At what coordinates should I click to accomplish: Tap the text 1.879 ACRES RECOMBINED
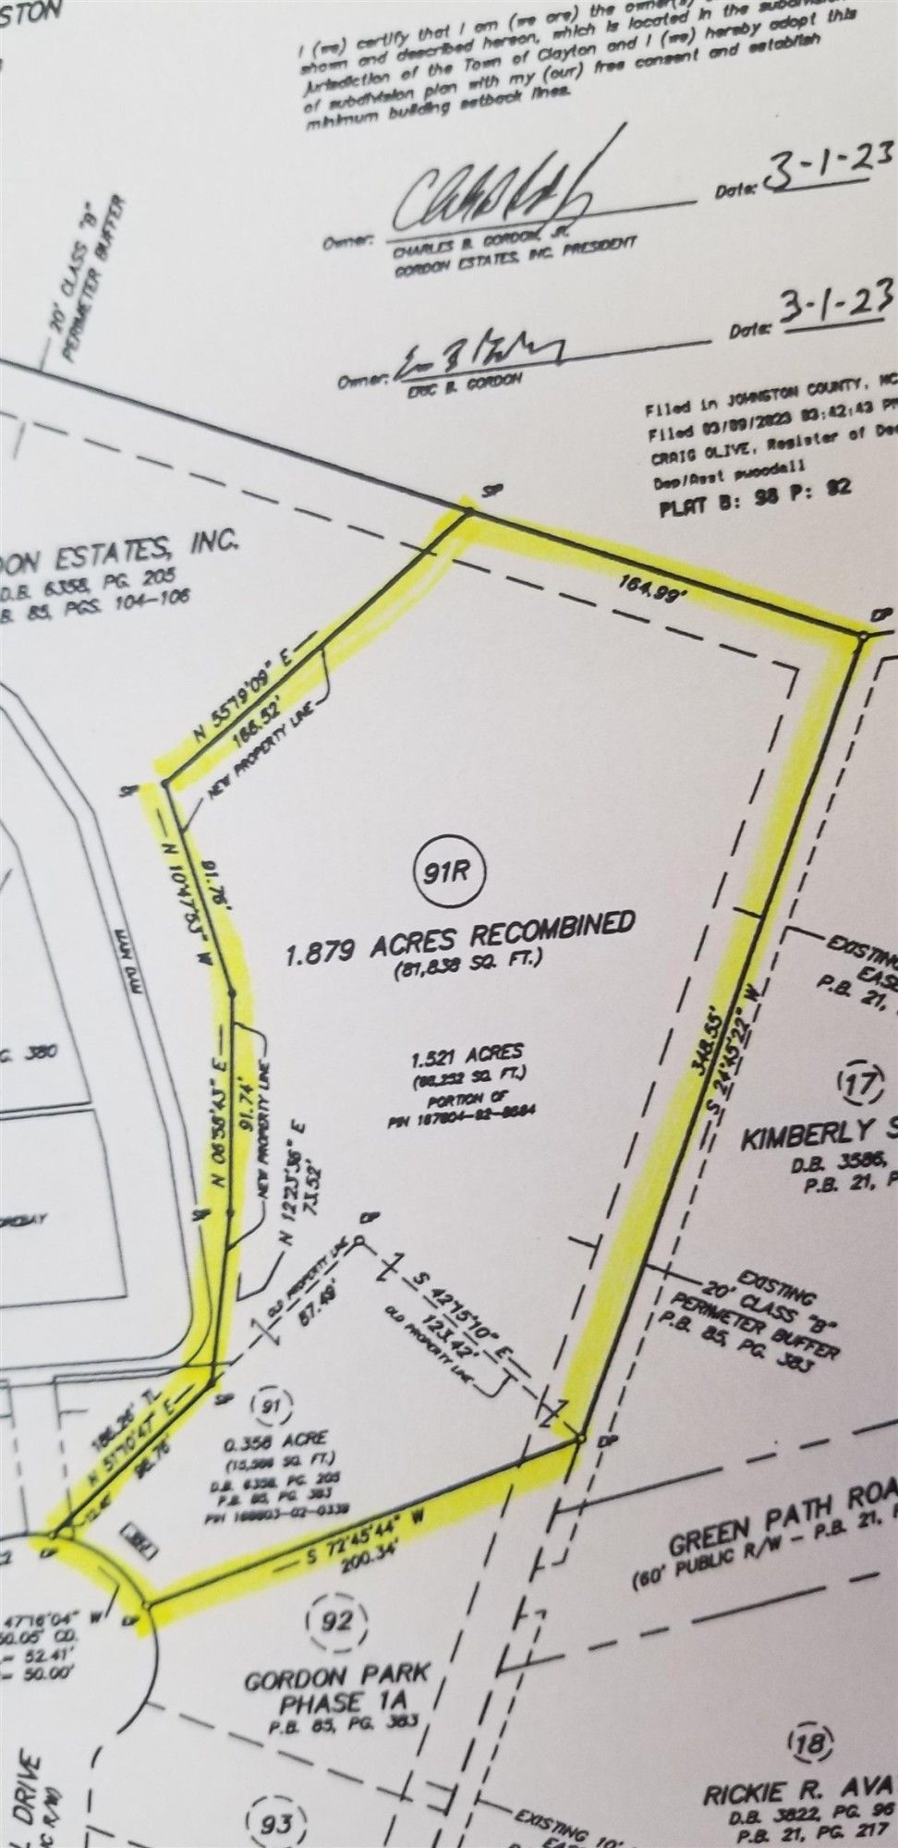(x=461, y=934)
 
